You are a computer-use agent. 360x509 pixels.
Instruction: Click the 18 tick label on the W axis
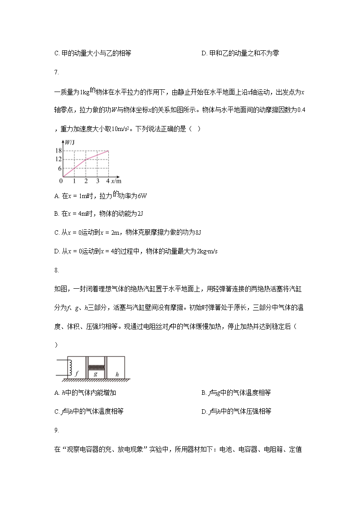pyautogui.click(x=58, y=150)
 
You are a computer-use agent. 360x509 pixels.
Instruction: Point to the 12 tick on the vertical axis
pyautogui.click(x=58, y=159)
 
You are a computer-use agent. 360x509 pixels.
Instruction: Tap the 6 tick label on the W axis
pyautogui.click(x=59, y=168)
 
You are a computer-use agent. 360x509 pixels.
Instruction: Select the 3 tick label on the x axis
pyautogui.click(x=97, y=181)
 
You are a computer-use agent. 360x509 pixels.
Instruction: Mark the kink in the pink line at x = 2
pyautogui.click(x=86, y=159)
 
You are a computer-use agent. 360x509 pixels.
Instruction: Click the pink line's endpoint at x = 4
pyautogui.click(x=109, y=150)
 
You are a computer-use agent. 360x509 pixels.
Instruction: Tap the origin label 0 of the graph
pyautogui.click(x=61, y=181)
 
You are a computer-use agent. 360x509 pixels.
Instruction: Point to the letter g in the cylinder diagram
pyautogui.click(x=95, y=374)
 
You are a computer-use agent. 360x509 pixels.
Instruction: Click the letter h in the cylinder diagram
pyautogui.click(x=117, y=374)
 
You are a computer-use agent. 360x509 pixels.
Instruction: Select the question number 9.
pyautogui.click(x=56, y=430)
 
